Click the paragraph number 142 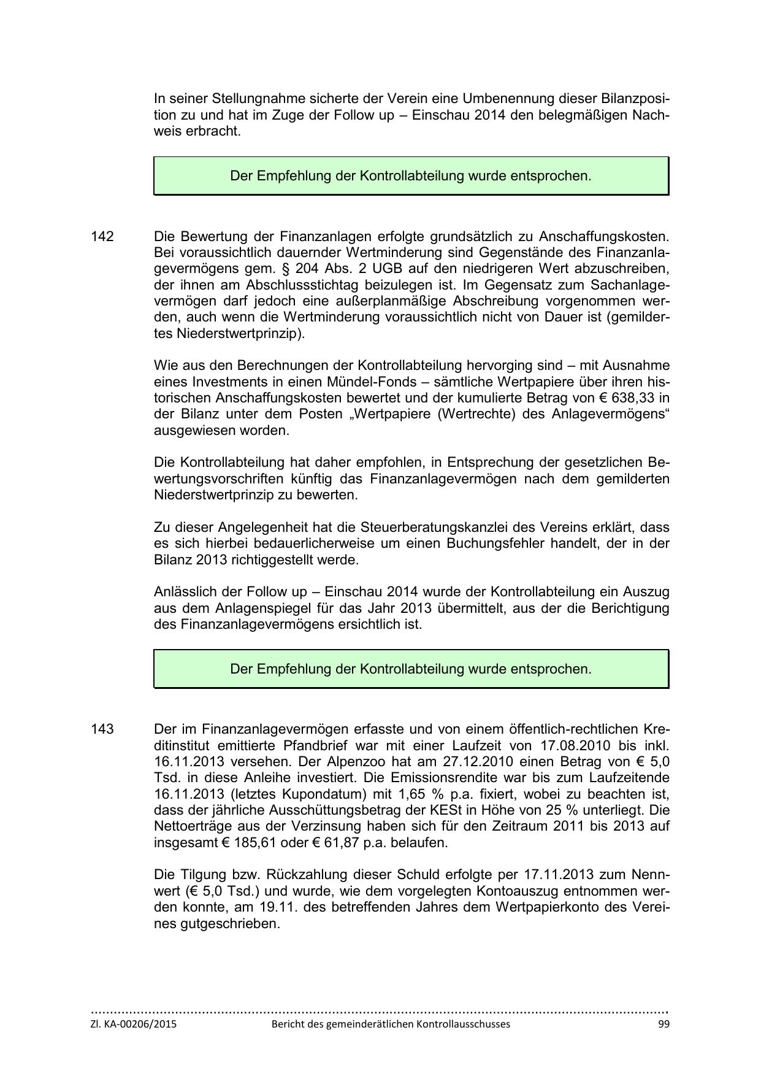(x=102, y=237)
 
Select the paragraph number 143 (x=102, y=729)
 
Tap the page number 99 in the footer (x=663, y=1024)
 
